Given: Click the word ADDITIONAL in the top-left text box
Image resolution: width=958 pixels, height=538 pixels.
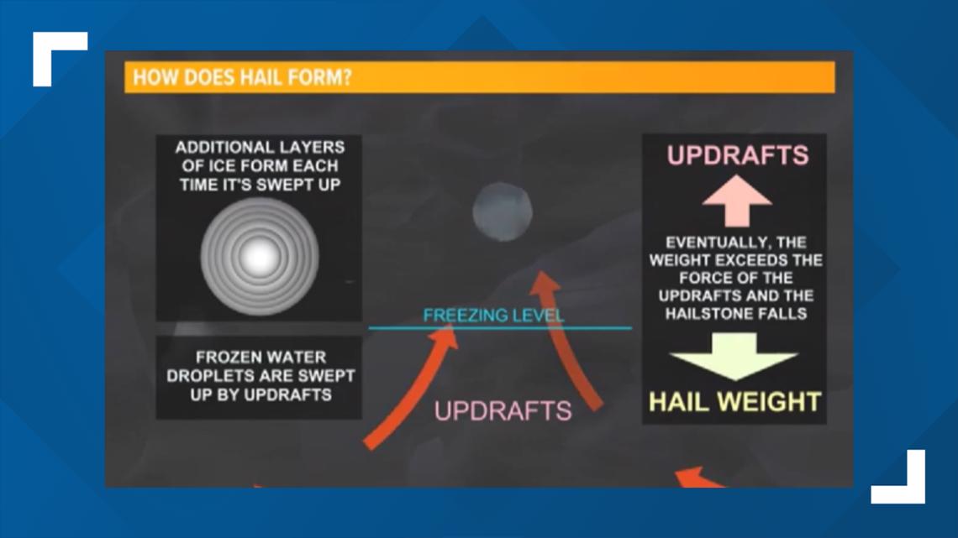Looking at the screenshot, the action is pyautogui.click(x=217, y=147).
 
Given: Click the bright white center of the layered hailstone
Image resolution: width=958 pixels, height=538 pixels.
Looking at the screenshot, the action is pyautogui.click(x=259, y=257).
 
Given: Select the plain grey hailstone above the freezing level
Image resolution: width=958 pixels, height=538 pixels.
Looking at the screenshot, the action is pyautogui.click(x=503, y=212).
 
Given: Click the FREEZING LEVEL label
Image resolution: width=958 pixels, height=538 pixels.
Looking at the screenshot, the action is pyautogui.click(x=493, y=315).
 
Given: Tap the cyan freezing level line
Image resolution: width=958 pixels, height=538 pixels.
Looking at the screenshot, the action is pyautogui.click(x=500, y=328).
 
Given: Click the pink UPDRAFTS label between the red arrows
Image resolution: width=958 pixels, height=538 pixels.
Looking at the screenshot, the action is pyautogui.click(x=503, y=411).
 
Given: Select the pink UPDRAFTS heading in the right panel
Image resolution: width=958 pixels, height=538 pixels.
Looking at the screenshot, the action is pyautogui.click(x=738, y=155).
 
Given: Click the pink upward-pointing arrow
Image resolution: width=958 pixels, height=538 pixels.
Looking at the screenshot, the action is pyautogui.click(x=737, y=201).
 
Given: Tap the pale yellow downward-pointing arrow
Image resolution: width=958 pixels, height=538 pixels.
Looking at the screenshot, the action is pyautogui.click(x=734, y=356).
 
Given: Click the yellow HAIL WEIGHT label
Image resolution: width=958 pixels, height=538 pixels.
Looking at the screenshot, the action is pyautogui.click(x=734, y=402).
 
